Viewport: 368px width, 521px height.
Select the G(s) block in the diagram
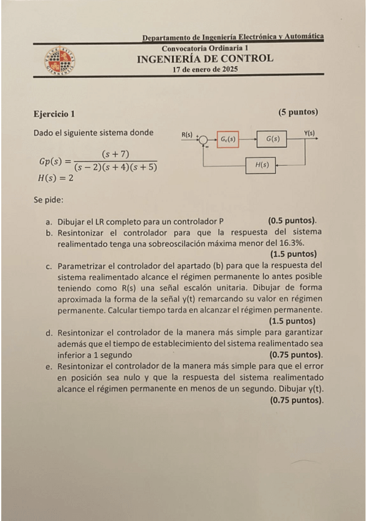pos(273,139)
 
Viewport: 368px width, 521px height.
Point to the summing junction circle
pos(204,139)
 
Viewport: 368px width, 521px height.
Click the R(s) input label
pos(187,133)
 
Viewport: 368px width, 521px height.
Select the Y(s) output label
pos(310,133)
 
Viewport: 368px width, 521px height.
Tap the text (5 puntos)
pos(298,112)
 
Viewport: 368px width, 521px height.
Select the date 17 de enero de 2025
pos(205,70)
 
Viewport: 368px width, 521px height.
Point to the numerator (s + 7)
pos(115,154)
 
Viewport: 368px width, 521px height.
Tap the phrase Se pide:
pos(49,199)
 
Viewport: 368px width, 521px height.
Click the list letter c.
pos(48,266)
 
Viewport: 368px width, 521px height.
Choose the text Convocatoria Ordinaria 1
pos(205,48)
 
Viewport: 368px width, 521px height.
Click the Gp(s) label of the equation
pos(50,161)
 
